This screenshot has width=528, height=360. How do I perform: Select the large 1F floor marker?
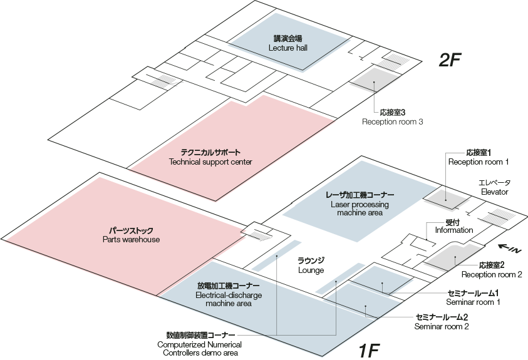(369, 350)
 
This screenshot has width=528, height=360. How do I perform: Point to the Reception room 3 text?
(392, 117)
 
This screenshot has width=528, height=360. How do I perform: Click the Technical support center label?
(210, 157)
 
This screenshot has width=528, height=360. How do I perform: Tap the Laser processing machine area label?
(360, 204)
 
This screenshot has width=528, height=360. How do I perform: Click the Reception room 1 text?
(478, 157)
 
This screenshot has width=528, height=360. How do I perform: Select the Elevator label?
(494, 187)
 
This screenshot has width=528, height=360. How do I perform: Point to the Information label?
(454, 226)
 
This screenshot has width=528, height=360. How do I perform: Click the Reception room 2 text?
(492, 270)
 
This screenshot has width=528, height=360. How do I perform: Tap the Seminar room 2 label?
(442, 322)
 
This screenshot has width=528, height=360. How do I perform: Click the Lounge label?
(311, 265)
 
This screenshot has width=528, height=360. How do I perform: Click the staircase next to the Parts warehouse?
(258, 232)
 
